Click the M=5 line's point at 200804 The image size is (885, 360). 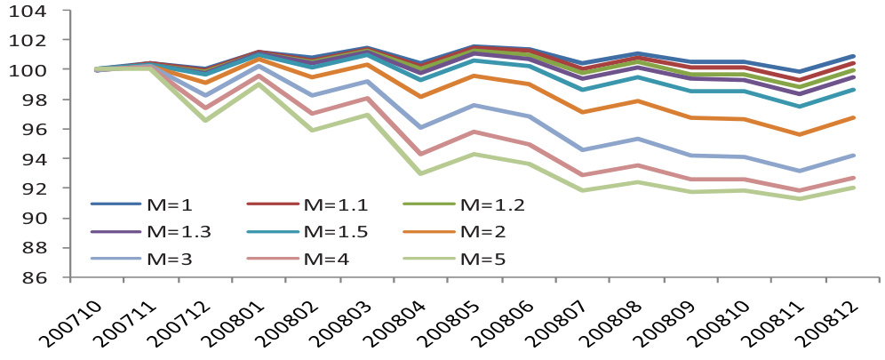coord(420,173)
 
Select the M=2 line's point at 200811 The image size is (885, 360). coord(799,134)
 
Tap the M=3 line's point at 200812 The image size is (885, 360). coord(853,156)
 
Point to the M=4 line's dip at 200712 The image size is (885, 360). coord(205,108)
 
